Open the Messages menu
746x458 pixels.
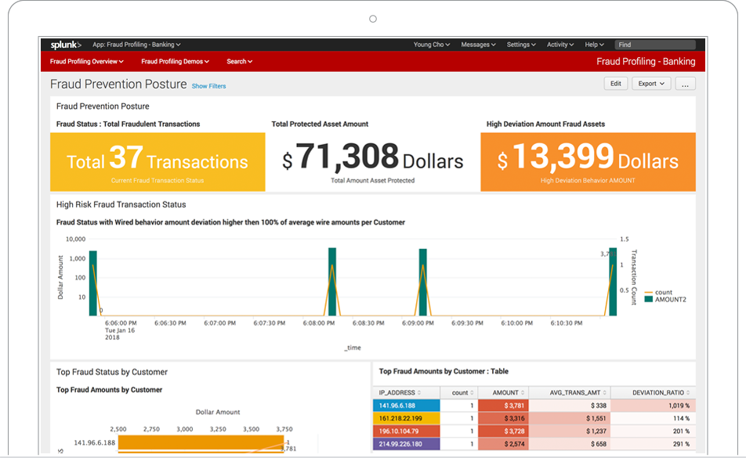point(478,45)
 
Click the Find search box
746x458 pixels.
point(654,45)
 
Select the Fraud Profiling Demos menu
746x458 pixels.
point(174,61)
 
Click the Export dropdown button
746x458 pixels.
point(650,84)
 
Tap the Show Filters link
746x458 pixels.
point(208,86)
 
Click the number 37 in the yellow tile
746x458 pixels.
point(125,159)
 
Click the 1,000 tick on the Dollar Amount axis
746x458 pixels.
point(76,258)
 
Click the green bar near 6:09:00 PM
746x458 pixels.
point(423,282)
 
